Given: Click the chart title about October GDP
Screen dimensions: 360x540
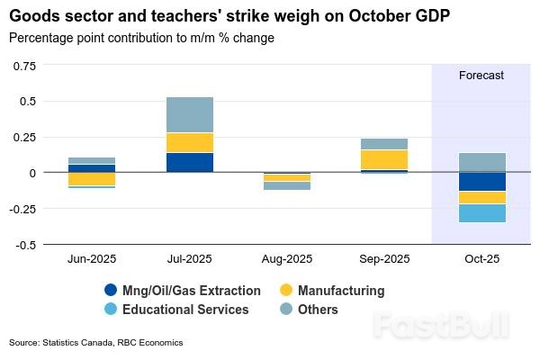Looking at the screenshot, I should pyautogui.click(x=229, y=16).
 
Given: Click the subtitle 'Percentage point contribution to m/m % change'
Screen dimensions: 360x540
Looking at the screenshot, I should pyautogui.click(x=141, y=38).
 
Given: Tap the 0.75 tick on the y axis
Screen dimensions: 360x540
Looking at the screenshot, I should pyautogui.click(x=24, y=65).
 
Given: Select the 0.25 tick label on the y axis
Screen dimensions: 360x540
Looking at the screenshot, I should pyautogui.click(x=24, y=137).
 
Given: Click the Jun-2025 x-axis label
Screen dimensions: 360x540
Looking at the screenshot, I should pyautogui.click(x=91, y=258).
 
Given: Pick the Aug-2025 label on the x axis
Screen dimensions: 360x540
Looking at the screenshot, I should pyautogui.click(x=287, y=258).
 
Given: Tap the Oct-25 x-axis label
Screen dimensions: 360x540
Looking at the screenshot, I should pyautogui.click(x=481, y=258).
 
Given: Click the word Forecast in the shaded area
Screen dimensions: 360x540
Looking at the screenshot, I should pyautogui.click(x=481, y=76).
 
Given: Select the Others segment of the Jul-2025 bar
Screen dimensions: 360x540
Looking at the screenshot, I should pyautogui.click(x=189, y=114).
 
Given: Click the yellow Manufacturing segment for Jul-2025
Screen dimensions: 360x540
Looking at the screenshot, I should pyautogui.click(x=189, y=142).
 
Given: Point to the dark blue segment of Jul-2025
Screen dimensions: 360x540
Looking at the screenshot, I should pyautogui.click(x=189, y=162).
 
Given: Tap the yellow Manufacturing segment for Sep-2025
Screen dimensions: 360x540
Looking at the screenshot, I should pyautogui.click(x=384, y=159).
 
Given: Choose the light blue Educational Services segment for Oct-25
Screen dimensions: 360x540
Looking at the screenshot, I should pyautogui.click(x=481, y=212).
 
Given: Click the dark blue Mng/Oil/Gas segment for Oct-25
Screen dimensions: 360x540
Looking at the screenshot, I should pyautogui.click(x=481, y=182).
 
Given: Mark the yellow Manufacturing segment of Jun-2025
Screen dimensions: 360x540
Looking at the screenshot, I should pyautogui.click(x=91, y=179).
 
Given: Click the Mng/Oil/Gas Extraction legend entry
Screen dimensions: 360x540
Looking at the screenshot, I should pyautogui.click(x=183, y=291).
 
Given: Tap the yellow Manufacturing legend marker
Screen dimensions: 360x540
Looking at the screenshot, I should pyautogui.click(x=287, y=291).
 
